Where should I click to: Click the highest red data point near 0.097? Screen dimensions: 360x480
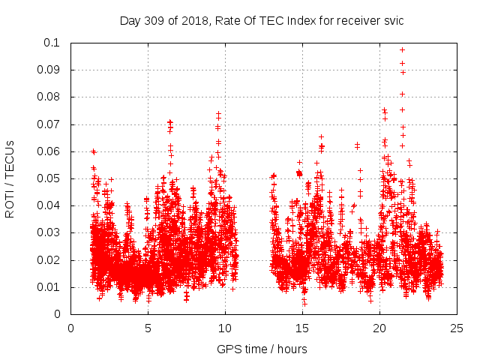click(402, 49)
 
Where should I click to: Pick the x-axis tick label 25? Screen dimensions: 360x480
click(457, 328)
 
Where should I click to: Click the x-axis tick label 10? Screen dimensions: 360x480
click(225, 328)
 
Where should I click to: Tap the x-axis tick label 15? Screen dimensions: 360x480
click(302, 328)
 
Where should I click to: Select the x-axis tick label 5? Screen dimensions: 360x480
click(148, 328)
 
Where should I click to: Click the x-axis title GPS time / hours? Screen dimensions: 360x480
click(262, 349)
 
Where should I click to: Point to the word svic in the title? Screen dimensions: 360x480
click(393, 20)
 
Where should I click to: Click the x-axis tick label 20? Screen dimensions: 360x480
click(379, 328)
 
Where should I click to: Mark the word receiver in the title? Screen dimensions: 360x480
click(355, 20)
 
